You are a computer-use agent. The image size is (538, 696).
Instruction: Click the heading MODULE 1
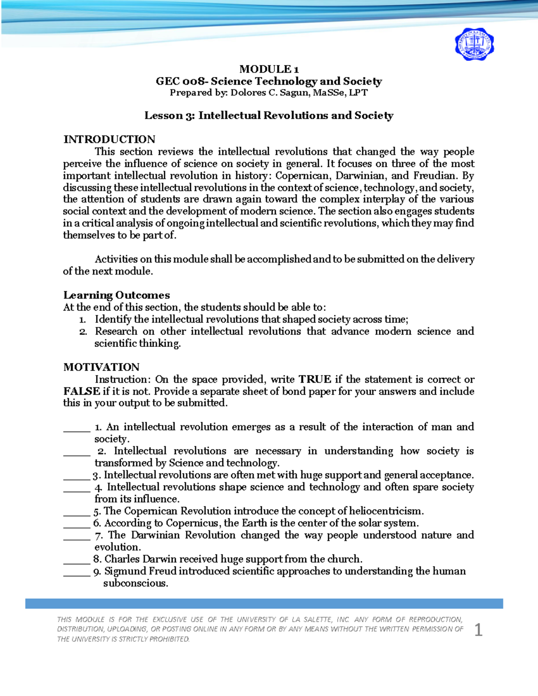point(269,69)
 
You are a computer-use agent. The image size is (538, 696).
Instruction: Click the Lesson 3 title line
point(269,116)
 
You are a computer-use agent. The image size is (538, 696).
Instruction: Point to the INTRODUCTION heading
point(109,139)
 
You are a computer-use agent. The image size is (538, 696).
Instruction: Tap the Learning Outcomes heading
point(117,295)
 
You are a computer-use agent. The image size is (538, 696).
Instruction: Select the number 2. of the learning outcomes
point(83,332)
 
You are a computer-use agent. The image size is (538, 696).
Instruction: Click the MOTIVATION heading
point(101,367)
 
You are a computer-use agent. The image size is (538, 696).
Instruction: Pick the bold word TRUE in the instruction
point(315,380)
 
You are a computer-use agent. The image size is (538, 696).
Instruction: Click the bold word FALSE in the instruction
point(82,391)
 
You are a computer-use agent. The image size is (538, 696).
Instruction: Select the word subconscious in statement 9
point(135,584)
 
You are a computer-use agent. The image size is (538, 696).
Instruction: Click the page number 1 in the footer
point(478,630)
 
